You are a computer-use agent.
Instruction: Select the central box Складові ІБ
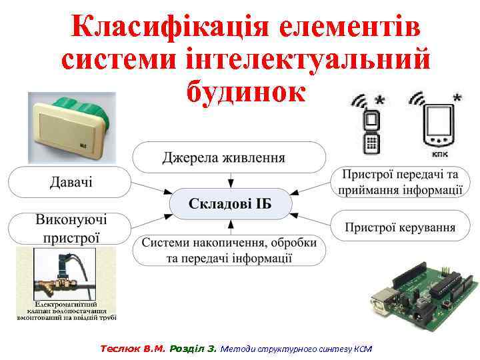point(230,203)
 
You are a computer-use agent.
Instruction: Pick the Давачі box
point(71,181)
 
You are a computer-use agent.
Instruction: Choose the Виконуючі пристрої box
point(71,228)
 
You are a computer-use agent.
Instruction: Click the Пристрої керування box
point(400,227)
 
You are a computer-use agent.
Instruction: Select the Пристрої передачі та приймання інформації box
point(400,182)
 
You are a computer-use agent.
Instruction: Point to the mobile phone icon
point(371,131)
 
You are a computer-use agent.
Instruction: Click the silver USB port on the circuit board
point(385,300)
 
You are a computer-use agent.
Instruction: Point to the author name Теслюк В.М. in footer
point(133,348)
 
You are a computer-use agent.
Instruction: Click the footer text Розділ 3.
point(193,348)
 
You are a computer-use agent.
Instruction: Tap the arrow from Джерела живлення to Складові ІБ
point(230,180)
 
